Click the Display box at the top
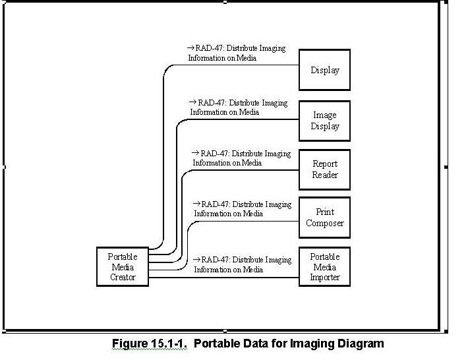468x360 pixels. point(324,69)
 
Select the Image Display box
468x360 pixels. point(324,120)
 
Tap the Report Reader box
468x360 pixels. point(324,169)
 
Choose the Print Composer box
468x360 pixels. point(324,218)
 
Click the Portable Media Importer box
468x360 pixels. point(324,267)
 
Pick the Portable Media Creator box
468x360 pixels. point(123,267)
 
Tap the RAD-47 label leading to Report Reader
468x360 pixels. point(241,158)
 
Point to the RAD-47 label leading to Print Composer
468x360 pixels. point(242,208)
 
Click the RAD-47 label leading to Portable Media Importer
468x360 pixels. point(242,264)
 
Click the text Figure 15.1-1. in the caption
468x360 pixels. point(150,344)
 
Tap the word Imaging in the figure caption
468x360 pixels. point(316,344)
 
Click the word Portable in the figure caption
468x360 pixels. point(216,344)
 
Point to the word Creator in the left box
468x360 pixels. point(123,278)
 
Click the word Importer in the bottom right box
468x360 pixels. point(324,278)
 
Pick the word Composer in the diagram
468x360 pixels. point(324,223)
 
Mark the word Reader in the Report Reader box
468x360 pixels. point(324,175)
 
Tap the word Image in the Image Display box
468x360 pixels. point(324,115)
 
